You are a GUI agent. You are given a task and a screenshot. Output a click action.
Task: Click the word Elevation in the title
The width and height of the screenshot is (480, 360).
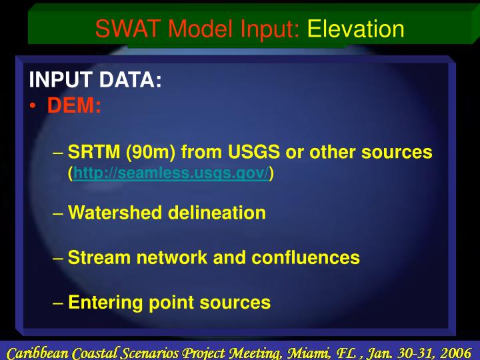[355, 29]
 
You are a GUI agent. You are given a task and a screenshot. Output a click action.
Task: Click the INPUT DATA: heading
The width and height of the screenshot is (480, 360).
[95, 81]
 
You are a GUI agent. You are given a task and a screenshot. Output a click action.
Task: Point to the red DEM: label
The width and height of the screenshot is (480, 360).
[74, 105]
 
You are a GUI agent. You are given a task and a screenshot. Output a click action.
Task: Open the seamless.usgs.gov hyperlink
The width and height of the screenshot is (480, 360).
[171, 174]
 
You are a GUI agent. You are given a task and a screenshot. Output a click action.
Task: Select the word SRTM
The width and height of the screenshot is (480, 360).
[91, 153]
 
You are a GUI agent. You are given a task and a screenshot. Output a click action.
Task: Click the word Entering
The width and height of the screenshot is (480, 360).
[105, 303]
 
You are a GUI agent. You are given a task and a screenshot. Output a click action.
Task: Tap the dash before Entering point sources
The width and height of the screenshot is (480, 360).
[58, 303]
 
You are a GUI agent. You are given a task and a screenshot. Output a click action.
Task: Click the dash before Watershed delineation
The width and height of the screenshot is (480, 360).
[58, 213]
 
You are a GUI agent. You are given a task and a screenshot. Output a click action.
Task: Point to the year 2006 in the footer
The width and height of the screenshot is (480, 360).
[457, 352]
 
